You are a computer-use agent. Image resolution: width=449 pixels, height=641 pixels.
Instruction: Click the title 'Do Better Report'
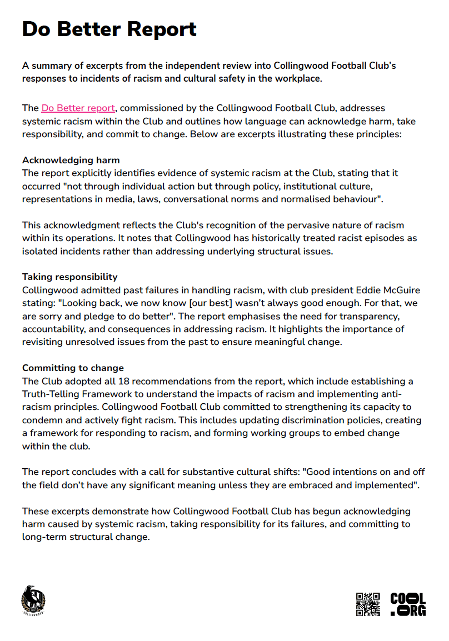[109, 29]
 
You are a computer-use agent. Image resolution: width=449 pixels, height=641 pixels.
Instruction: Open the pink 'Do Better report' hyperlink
[78, 108]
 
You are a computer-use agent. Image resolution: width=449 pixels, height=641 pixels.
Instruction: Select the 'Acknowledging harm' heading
[71, 161]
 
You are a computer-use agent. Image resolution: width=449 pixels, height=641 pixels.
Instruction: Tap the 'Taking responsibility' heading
[69, 277]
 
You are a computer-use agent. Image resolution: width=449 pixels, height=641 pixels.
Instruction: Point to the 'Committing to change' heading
[73, 368]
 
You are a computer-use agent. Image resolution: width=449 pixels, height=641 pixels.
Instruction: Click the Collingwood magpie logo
[33, 600]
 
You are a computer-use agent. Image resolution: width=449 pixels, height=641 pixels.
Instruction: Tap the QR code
[368, 604]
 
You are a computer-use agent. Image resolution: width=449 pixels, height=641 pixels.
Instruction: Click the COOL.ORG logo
[408, 604]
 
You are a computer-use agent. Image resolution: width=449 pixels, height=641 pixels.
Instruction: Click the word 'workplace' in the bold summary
[298, 78]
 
